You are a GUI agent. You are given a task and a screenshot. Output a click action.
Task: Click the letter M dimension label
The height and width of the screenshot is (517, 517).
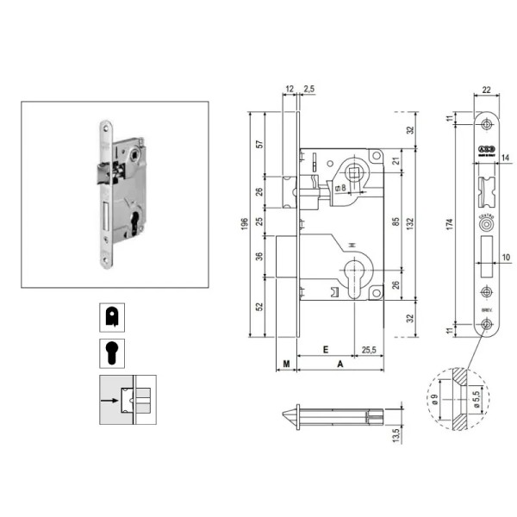point(284,364)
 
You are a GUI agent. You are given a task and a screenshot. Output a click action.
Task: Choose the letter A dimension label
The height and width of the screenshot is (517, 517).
point(340,364)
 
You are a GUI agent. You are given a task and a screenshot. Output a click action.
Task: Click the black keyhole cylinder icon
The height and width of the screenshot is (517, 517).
point(111,353)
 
